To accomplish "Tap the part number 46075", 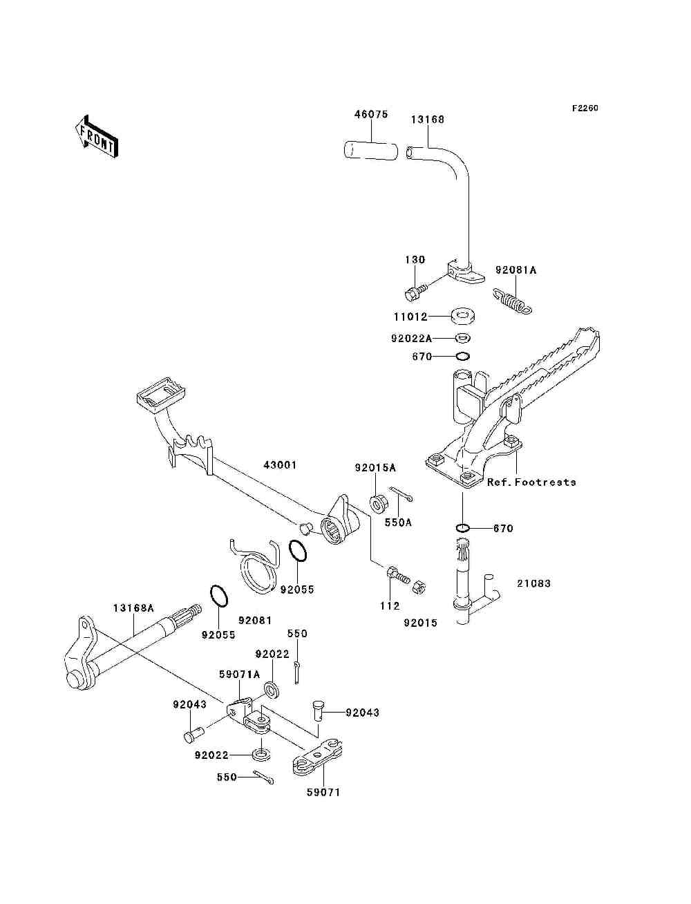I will click(371, 114).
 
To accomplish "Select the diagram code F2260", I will click(584, 109).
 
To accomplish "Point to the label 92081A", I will click(515, 270).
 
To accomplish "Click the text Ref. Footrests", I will click(531, 482).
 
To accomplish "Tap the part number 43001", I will click(279, 465).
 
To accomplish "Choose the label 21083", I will click(533, 583).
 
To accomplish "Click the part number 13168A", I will click(133, 608).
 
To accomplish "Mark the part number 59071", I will click(323, 792).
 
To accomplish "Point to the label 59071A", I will click(239, 674).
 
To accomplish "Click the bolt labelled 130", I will click(415, 293).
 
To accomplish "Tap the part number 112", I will click(390, 605).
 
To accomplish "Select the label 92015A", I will click(375, 467).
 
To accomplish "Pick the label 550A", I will click(397, 523).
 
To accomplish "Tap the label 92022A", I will click(410, 339).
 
